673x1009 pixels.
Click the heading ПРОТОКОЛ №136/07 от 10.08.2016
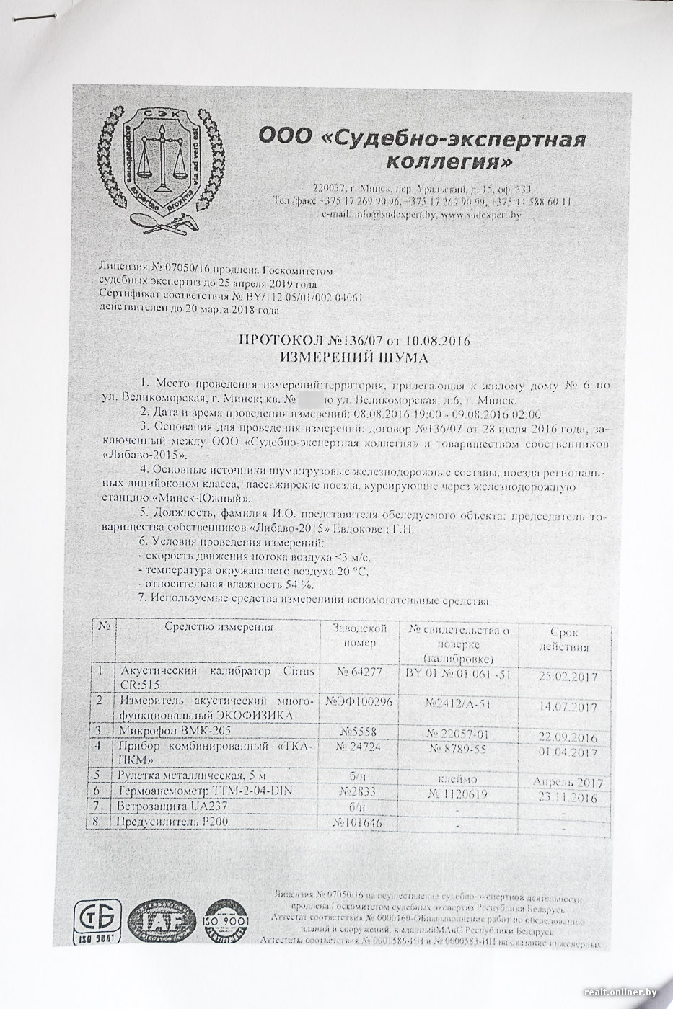[354, 341]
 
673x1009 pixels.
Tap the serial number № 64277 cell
[359, 672]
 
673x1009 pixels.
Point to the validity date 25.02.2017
[568, 677]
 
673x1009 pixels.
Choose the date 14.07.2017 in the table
[568, 707]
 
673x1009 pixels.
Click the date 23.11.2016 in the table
[568, 798]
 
